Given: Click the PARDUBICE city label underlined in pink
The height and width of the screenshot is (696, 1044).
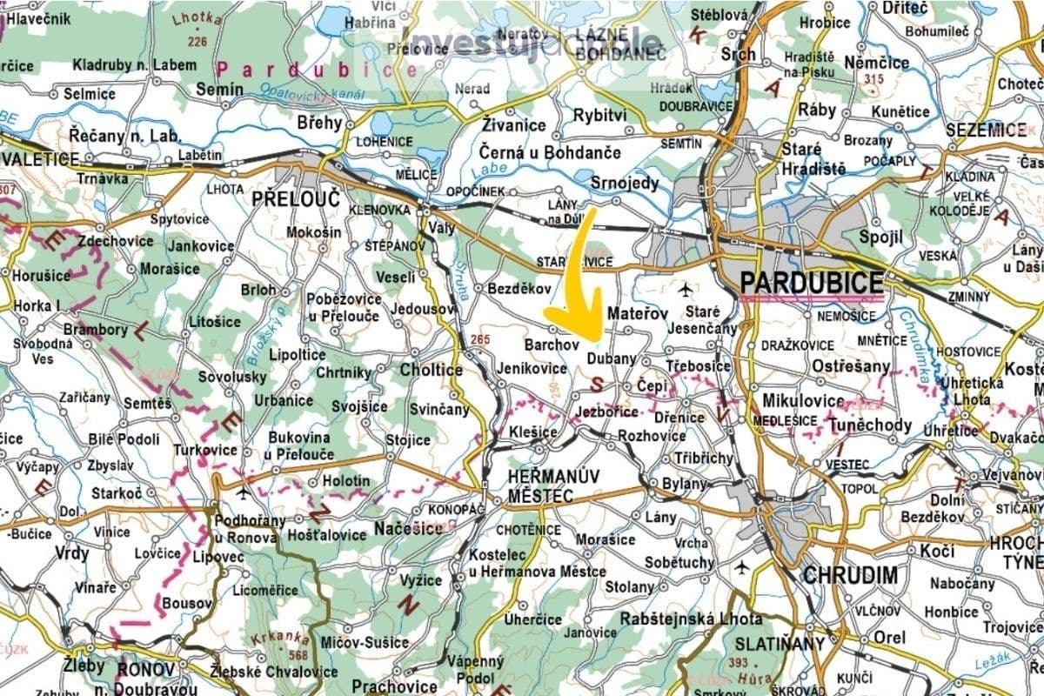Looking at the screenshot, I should click(811, 283).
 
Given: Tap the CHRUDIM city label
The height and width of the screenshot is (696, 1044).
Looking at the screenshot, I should click(850, 575).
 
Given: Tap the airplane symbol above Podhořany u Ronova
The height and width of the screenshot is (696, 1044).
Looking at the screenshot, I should click(242, 493).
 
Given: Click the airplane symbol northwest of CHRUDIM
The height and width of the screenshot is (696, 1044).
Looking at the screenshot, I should click(741, 567).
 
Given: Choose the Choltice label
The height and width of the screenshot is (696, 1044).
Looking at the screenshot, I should click(431, 370).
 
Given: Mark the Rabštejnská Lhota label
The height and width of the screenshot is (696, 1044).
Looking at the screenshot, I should click(692, 619).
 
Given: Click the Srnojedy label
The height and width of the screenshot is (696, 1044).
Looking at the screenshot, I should click(624, 184).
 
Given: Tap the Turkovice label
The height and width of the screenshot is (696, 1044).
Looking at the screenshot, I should click(205, 450).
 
